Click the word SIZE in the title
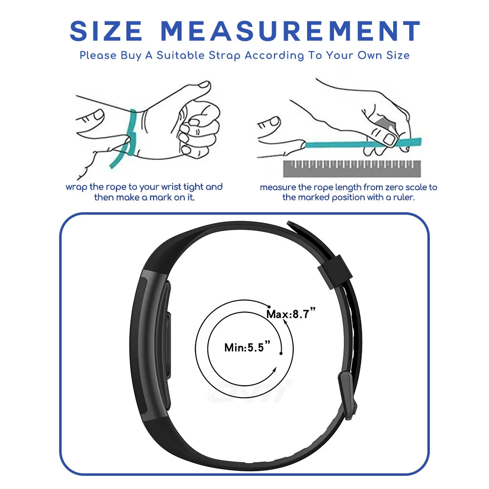click(106, 31)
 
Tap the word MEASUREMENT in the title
click(291, 31)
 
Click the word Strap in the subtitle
click(224, 56)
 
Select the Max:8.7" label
click(291, 313)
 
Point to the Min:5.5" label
click(247, 347)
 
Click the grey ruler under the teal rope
click(352, 169)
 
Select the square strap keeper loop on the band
click(335, 271)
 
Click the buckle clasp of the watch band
click(347, 394)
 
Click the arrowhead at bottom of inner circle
click(274, 371)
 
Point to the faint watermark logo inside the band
click(249, 391)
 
